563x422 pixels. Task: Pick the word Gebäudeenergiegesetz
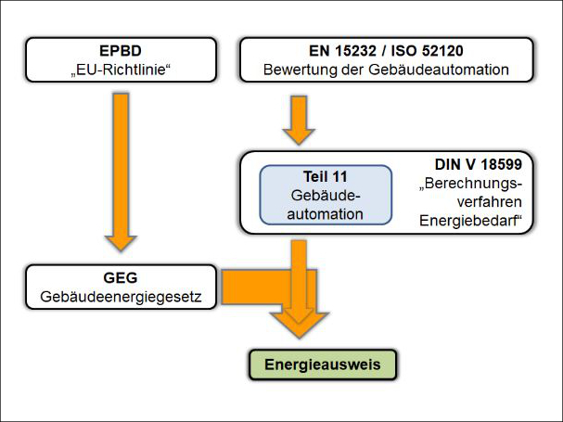122,297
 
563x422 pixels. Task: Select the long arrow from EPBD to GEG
122,167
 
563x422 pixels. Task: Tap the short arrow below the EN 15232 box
298,120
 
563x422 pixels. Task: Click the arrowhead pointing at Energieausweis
299,326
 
